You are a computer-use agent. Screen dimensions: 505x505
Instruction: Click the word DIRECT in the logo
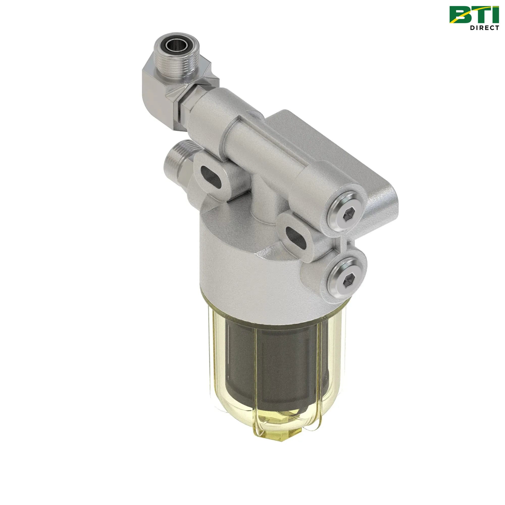point(484,28)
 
